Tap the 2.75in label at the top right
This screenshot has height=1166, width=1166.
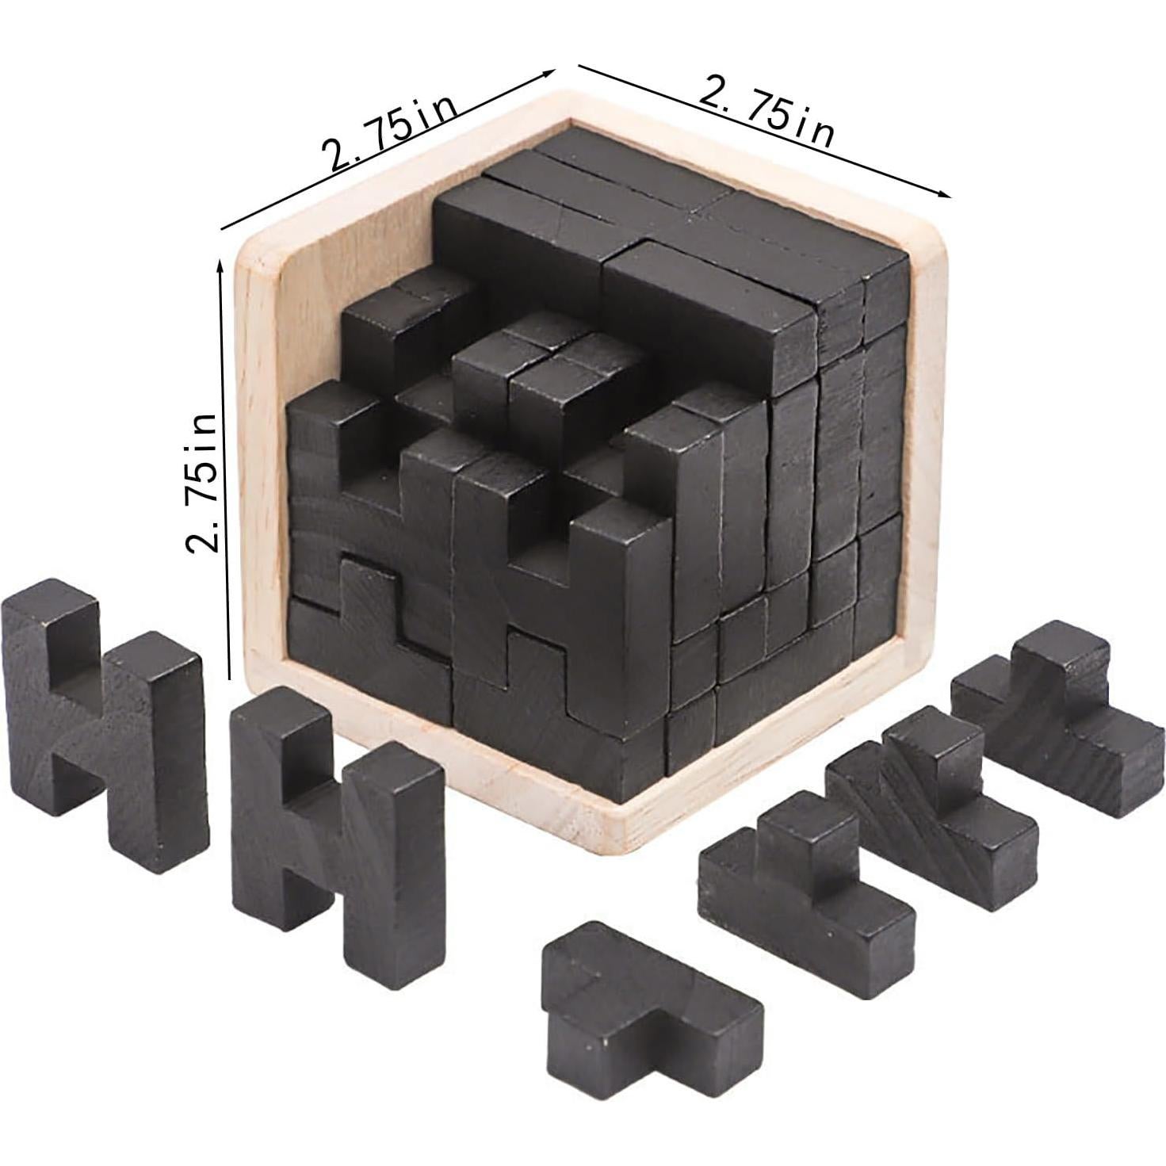[x=766, y=112]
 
